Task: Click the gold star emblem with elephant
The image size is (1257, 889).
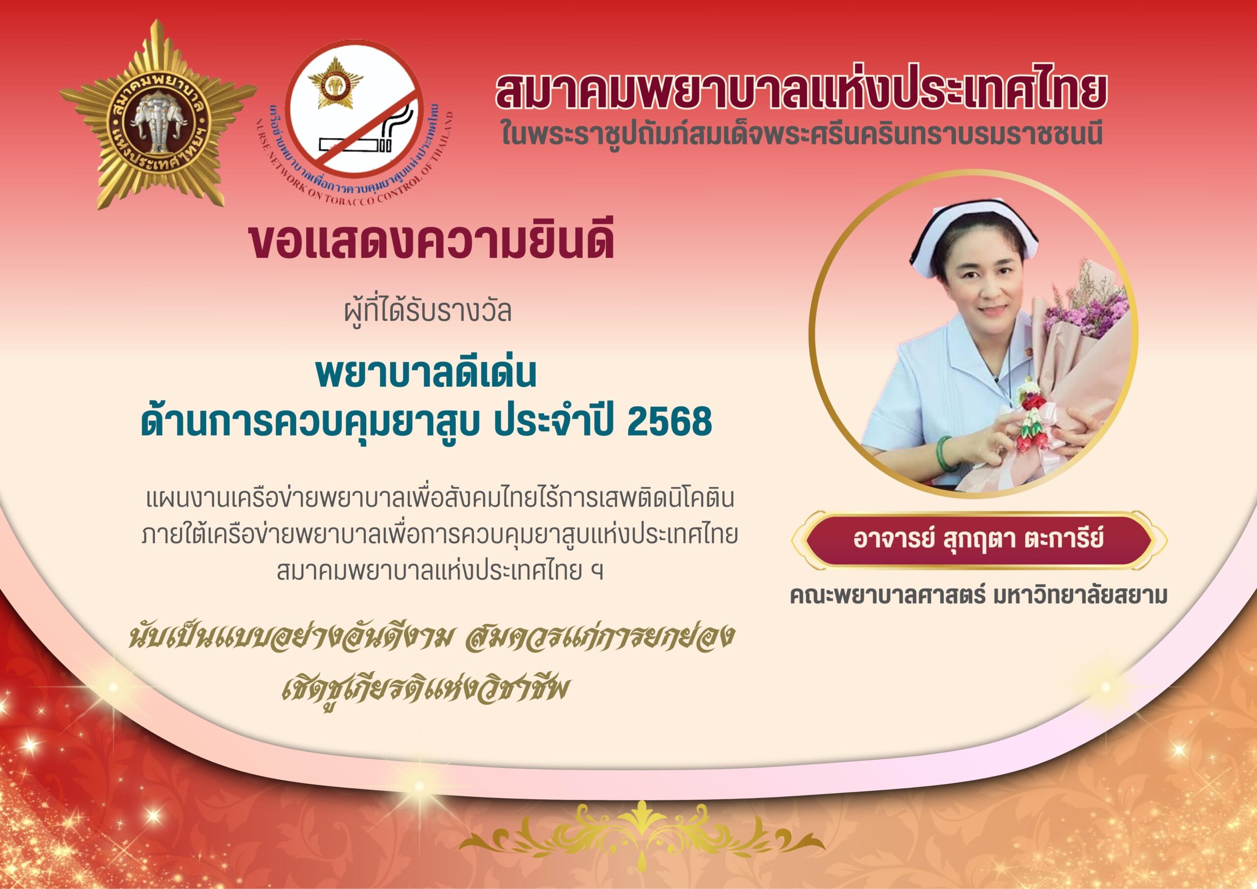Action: (x=158, y=114)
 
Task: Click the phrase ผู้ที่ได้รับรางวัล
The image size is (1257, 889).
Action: (x=428, y=310)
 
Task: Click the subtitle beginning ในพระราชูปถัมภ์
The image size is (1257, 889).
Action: (x=800, y=134)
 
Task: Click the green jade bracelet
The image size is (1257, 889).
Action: (x=949, y=455)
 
